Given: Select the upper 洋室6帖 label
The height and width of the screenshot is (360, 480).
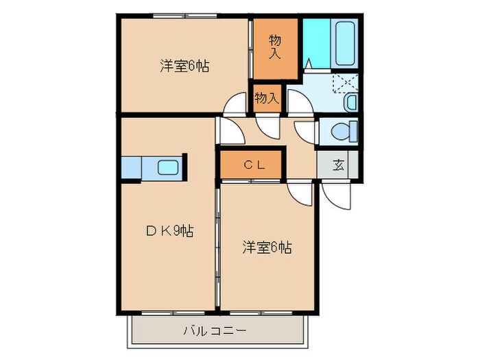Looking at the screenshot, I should pos(184,67).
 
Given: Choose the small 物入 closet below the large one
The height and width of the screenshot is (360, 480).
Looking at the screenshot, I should pos(267,98).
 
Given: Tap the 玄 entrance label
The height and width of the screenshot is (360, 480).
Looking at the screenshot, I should pos(339,165).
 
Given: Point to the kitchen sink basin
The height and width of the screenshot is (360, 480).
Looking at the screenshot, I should pos(169,167).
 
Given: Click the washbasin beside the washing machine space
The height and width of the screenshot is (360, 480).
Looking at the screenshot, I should pos(350,102).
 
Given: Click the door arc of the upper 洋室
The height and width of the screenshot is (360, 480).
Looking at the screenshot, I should pos(235,104).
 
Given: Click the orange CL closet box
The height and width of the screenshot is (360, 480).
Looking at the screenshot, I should pos(233,165).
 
